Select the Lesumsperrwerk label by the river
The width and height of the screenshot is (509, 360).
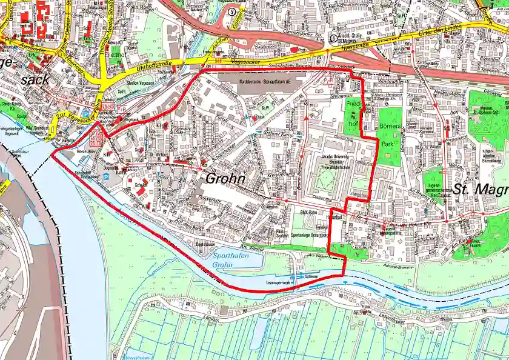(x=278, y=283)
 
